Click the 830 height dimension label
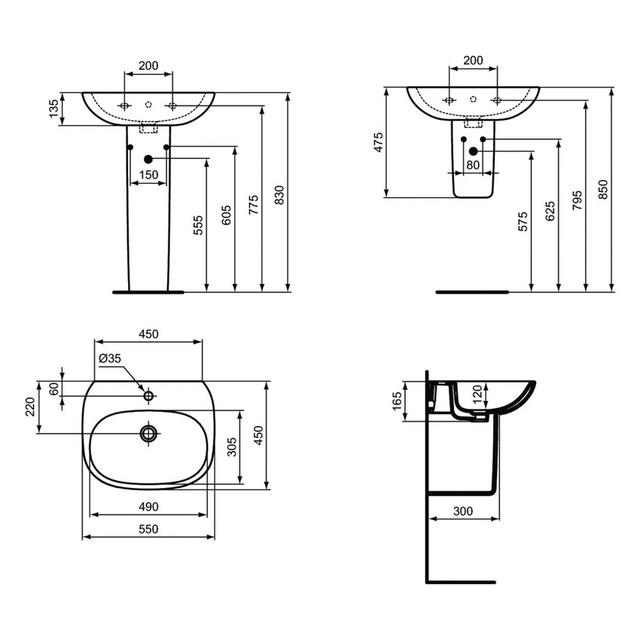tap(279, 194)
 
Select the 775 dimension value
tap(253, 204)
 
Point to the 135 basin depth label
tap(53, 108)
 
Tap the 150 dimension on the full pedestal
tap(148, 175)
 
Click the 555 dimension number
tap(198, 225)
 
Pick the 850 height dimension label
tap(603, 189)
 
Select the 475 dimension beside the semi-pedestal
tap(378, 143)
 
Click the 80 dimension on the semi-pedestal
tap(472, 165)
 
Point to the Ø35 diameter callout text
tap(109, 359)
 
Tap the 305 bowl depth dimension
tap(232, 448)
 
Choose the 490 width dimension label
tap(148, 507)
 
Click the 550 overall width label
tap(148, 529)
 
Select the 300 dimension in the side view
tap(463, 511)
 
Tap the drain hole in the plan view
tap(148, 432)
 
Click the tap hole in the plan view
tap(148, 395)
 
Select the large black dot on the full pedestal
tap(148, 159)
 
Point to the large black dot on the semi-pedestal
tap(473, 151)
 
